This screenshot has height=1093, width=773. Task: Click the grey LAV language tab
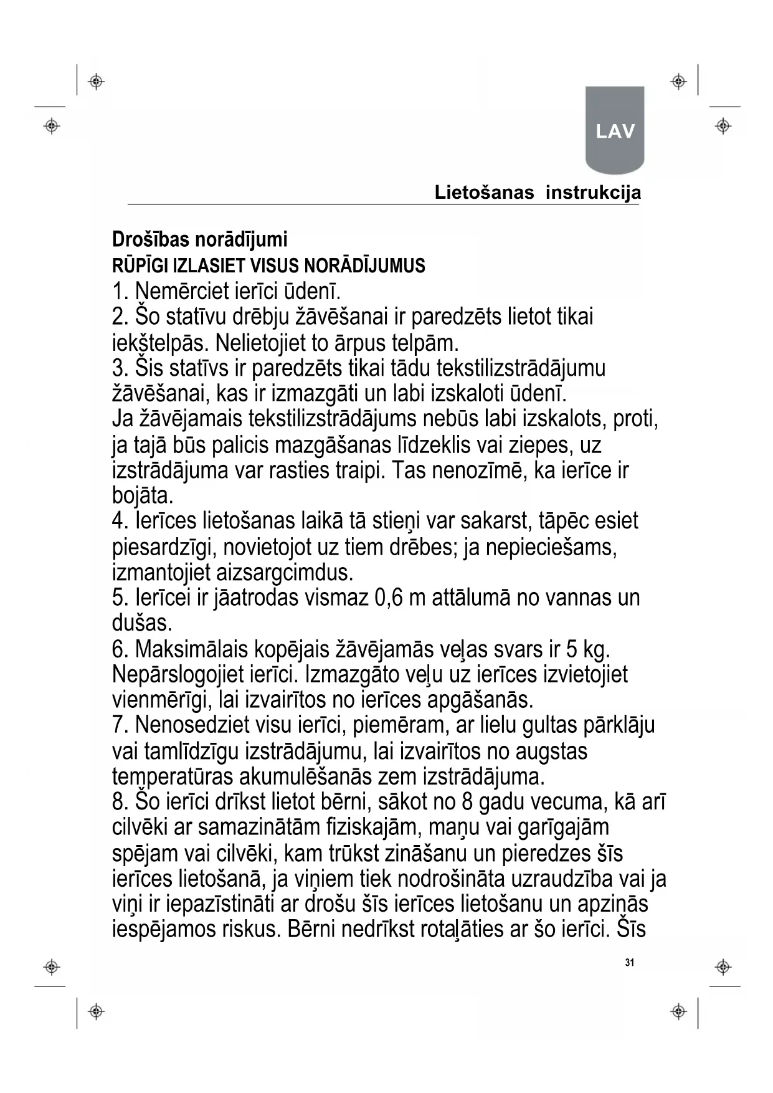(x=615, y=131)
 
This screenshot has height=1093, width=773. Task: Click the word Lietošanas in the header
(x=484, y=193)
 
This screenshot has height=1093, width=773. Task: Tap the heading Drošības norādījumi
(x=199, y=239)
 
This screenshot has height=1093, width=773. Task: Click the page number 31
(x=629, y=963)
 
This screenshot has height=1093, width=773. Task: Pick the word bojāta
(x=143, y=496)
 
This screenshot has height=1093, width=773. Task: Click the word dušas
(x=142, y=623)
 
